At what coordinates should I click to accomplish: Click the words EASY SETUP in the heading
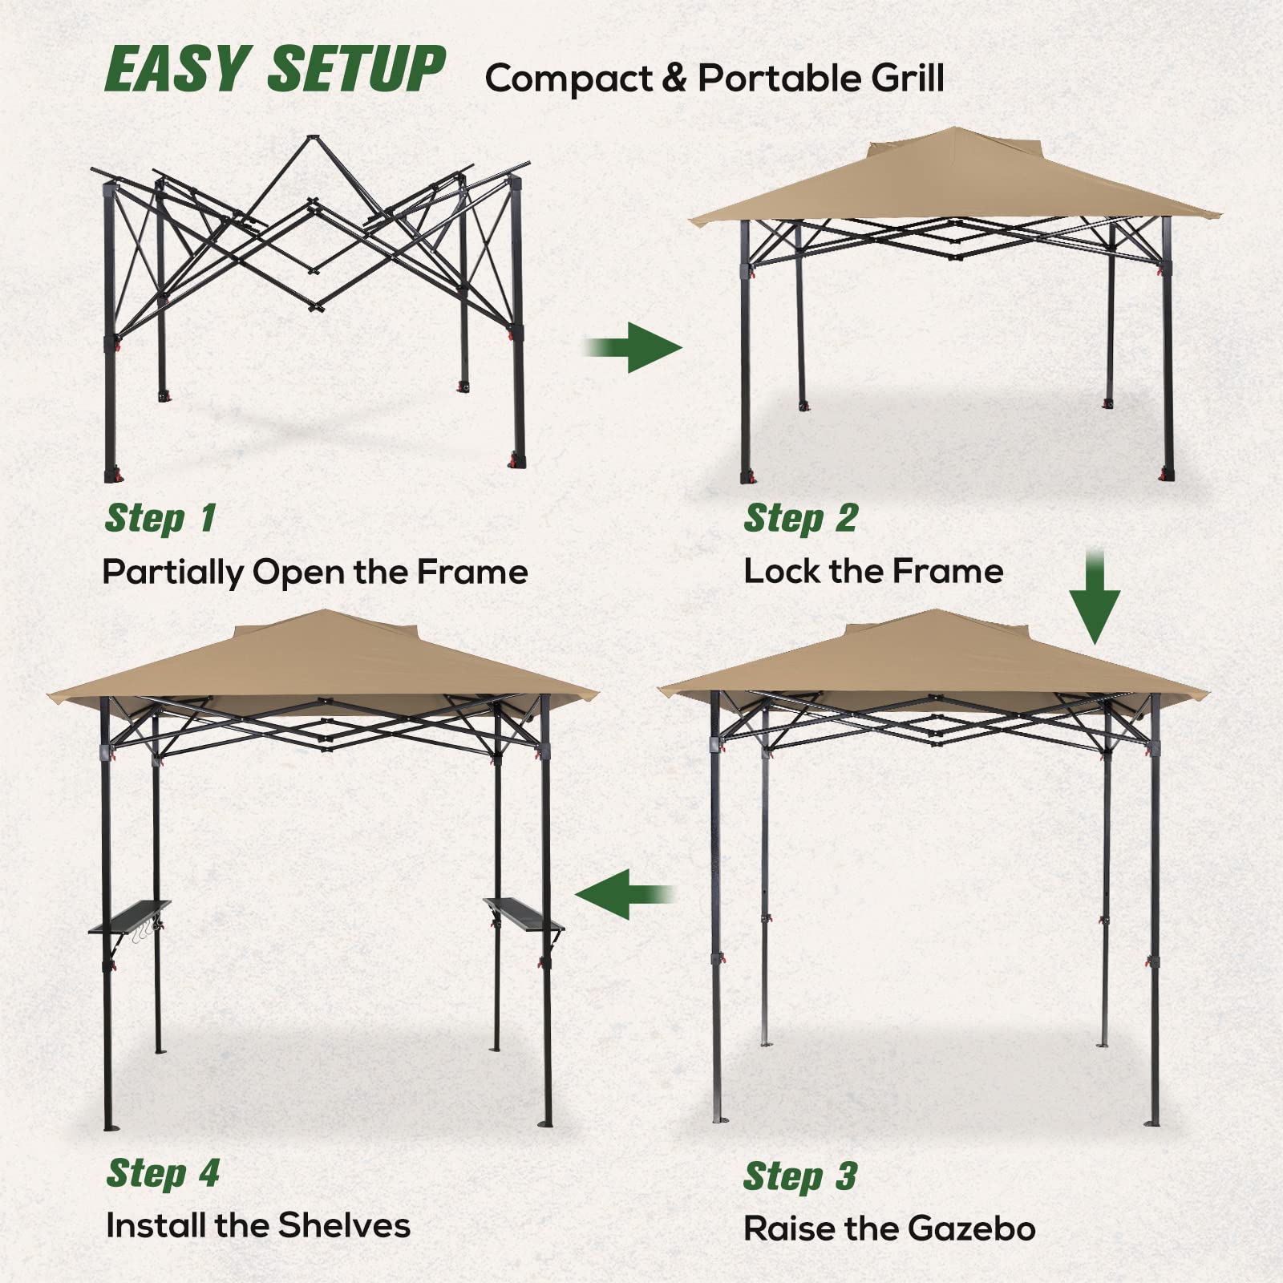click(274, 69)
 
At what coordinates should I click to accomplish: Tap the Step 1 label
click(160, 518)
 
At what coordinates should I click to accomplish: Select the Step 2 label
click(800, 518)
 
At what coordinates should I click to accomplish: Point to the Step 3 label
click(799, 1176)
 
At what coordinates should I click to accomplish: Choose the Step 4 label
click(163, 1173)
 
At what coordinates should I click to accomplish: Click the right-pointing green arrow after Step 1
click(633, 347)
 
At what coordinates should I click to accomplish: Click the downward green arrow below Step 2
click(1095, 597)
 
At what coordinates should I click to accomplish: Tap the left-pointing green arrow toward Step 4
click(625, 894)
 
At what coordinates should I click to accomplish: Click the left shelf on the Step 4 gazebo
click(128, 918)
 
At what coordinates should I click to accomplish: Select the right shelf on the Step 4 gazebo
click(523, 914)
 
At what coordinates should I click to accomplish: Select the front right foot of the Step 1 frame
click(517, 461)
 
